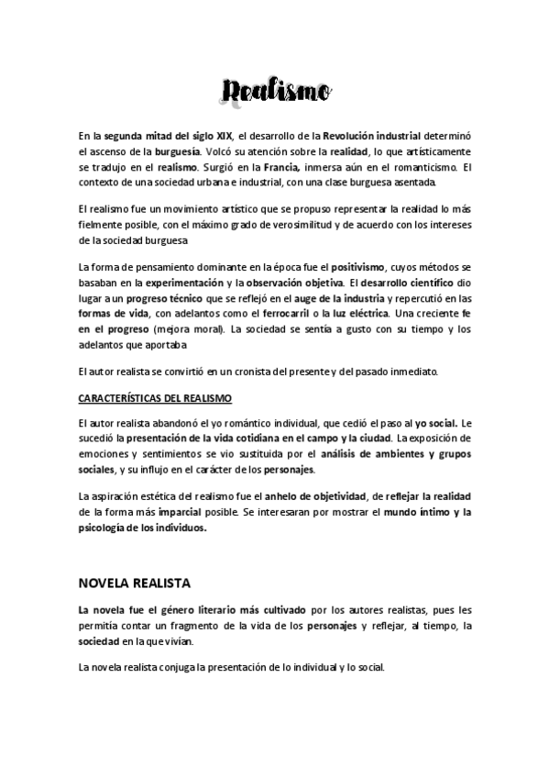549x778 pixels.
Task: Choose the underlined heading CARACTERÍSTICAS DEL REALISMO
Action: pyautogui.click(x=155, y=397)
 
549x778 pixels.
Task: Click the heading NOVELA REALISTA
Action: pyautogui.click(x=135, y=583)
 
